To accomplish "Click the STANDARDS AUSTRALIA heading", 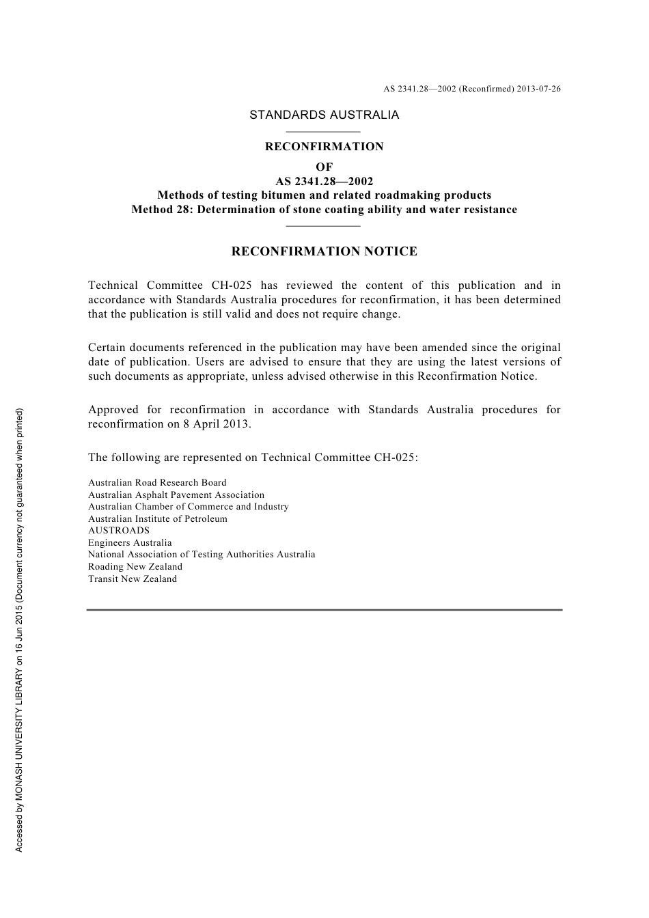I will click(x=324, y=115).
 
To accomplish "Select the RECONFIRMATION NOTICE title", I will click(x=324, y=251).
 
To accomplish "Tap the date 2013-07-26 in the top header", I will click(x=539, y=89).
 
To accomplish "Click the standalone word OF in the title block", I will click(x=324, y=167).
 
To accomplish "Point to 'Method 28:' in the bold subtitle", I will click(x=162, y=210).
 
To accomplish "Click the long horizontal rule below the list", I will click(x=324, y=609).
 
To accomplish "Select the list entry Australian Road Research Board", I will click(x=157, y=482).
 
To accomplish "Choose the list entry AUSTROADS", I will click(x=119, y=530).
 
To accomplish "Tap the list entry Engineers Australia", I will click(x=130, y=542).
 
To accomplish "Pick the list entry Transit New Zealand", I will click(x=133, y=579).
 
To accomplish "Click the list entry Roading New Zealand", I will click(x=135, y=566).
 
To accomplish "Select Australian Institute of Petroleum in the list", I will click(x=158, y=518).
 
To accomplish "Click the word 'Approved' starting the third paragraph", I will click(x=113, y=410).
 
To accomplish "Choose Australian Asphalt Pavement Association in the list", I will click(x=176, y=495).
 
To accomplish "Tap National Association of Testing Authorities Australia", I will click(x=202, y=554).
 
